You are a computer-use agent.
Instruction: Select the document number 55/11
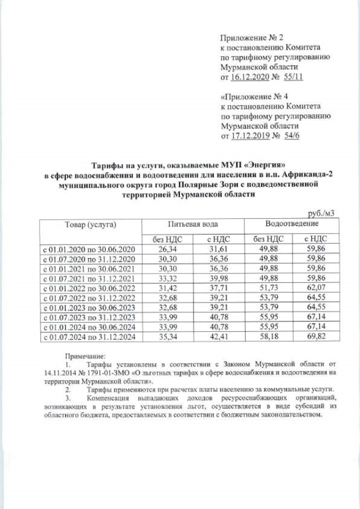point(294,77)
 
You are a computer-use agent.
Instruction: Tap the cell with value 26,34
point(168,249)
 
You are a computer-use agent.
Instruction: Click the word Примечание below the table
point(85,356)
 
